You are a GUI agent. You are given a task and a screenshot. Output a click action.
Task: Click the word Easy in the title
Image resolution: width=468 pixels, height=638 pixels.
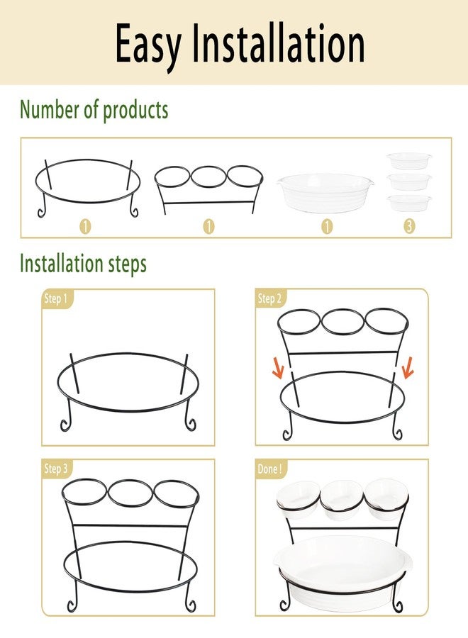[x=148, y=44]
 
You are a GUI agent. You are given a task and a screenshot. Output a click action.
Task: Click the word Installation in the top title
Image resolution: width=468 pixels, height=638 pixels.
[x=279, y=43]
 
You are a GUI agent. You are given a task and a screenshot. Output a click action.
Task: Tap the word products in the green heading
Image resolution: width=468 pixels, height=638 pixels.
[x=135, y=111]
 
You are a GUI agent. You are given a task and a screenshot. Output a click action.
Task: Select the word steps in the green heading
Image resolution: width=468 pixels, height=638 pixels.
[x=127, y=264]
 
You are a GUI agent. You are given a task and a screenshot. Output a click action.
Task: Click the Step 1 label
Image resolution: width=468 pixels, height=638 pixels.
[x=55, y=298]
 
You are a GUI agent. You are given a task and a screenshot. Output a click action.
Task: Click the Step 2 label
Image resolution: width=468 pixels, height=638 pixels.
[x=269, y=298]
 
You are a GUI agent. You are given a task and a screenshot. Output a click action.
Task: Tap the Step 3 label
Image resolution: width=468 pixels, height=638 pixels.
[x=56, y=469]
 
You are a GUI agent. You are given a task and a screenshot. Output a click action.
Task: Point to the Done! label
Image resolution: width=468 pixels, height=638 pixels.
[x=269, y=469]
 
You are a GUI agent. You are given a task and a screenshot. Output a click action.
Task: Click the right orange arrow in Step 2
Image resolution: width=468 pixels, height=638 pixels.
[x=408, y=368]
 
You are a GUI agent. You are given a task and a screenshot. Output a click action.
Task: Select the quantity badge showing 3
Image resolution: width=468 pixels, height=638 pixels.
[x=409, y=226]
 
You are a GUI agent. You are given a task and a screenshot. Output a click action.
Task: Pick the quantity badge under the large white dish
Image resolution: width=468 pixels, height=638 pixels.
[x=327, y=226]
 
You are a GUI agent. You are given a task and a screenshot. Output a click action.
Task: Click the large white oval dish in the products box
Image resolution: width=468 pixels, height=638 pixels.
[x=325, y=192]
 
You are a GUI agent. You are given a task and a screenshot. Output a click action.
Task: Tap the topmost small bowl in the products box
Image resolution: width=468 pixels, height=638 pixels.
[x=408, y=161]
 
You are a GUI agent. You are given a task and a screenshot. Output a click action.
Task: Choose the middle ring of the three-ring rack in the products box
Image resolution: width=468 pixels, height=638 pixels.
[x=208, y=177]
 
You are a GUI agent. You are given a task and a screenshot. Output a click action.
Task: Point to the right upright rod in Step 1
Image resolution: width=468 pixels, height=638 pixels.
[x=184, y=374]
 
